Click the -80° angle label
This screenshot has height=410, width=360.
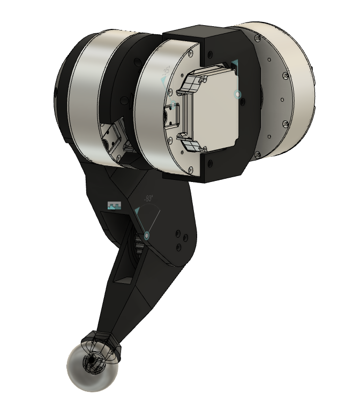coord(147,198)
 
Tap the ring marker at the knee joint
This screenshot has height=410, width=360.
coord(147,235)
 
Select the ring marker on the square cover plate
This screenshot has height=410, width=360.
coord(238,95)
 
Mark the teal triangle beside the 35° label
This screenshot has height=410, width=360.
coord(164,81)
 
